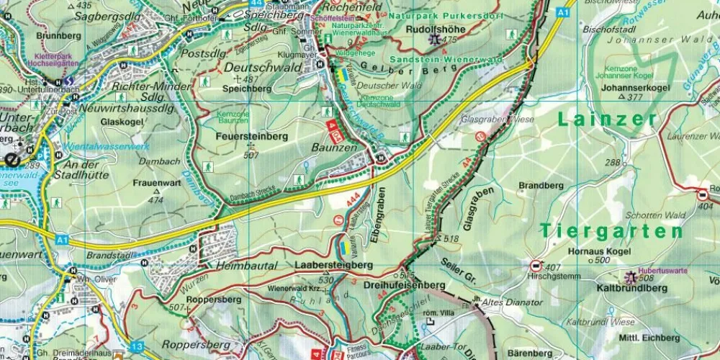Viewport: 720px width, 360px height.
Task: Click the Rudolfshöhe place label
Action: point(431,29)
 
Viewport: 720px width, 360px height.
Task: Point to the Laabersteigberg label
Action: point(334,265)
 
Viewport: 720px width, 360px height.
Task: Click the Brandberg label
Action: point(540,185)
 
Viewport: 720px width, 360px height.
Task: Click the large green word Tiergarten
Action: point(611,231)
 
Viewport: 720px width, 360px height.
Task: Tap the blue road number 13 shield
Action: point(138,347)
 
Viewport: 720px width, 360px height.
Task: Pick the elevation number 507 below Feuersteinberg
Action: point(251,155)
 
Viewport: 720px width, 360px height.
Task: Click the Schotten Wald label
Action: point(654,215)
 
